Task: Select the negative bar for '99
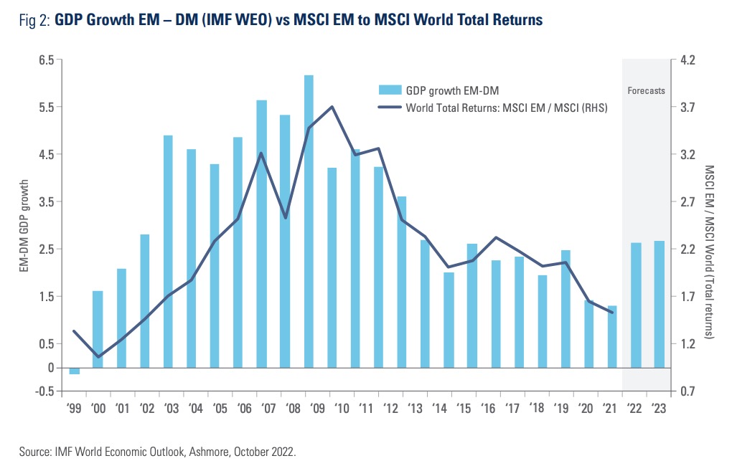point(74,371)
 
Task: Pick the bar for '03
point(168,251)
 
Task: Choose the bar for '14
point(449,320)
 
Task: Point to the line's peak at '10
point(332,107)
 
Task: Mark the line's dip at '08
point(286,217)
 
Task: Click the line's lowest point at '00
point(98,356)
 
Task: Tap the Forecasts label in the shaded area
point(646,91)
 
